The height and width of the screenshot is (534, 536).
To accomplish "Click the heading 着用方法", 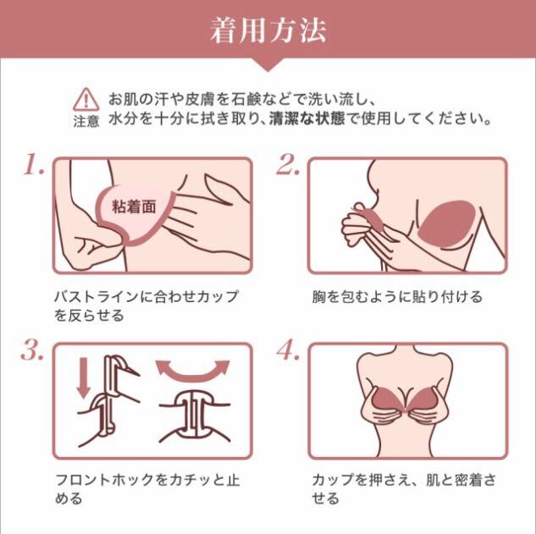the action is tap(268, 31).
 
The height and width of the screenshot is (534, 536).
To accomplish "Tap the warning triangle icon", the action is tap(86, 99).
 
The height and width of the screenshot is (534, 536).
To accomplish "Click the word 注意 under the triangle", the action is tap(86, 121).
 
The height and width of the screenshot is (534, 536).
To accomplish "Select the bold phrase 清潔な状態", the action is tap(307, 118).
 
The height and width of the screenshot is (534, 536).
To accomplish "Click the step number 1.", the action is tap(34, 164).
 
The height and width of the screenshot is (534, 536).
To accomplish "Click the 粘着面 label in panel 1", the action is tap(134, 206).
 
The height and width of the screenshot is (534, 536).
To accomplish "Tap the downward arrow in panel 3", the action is tap(84, 377).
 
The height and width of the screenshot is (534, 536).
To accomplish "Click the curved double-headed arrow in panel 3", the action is tap(192, 372).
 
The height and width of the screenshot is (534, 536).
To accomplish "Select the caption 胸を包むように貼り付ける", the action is tap(397, 296).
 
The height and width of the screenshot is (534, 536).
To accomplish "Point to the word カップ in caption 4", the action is tap(334, 480).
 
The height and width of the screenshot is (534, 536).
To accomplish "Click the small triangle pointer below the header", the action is tap(268, 64).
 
